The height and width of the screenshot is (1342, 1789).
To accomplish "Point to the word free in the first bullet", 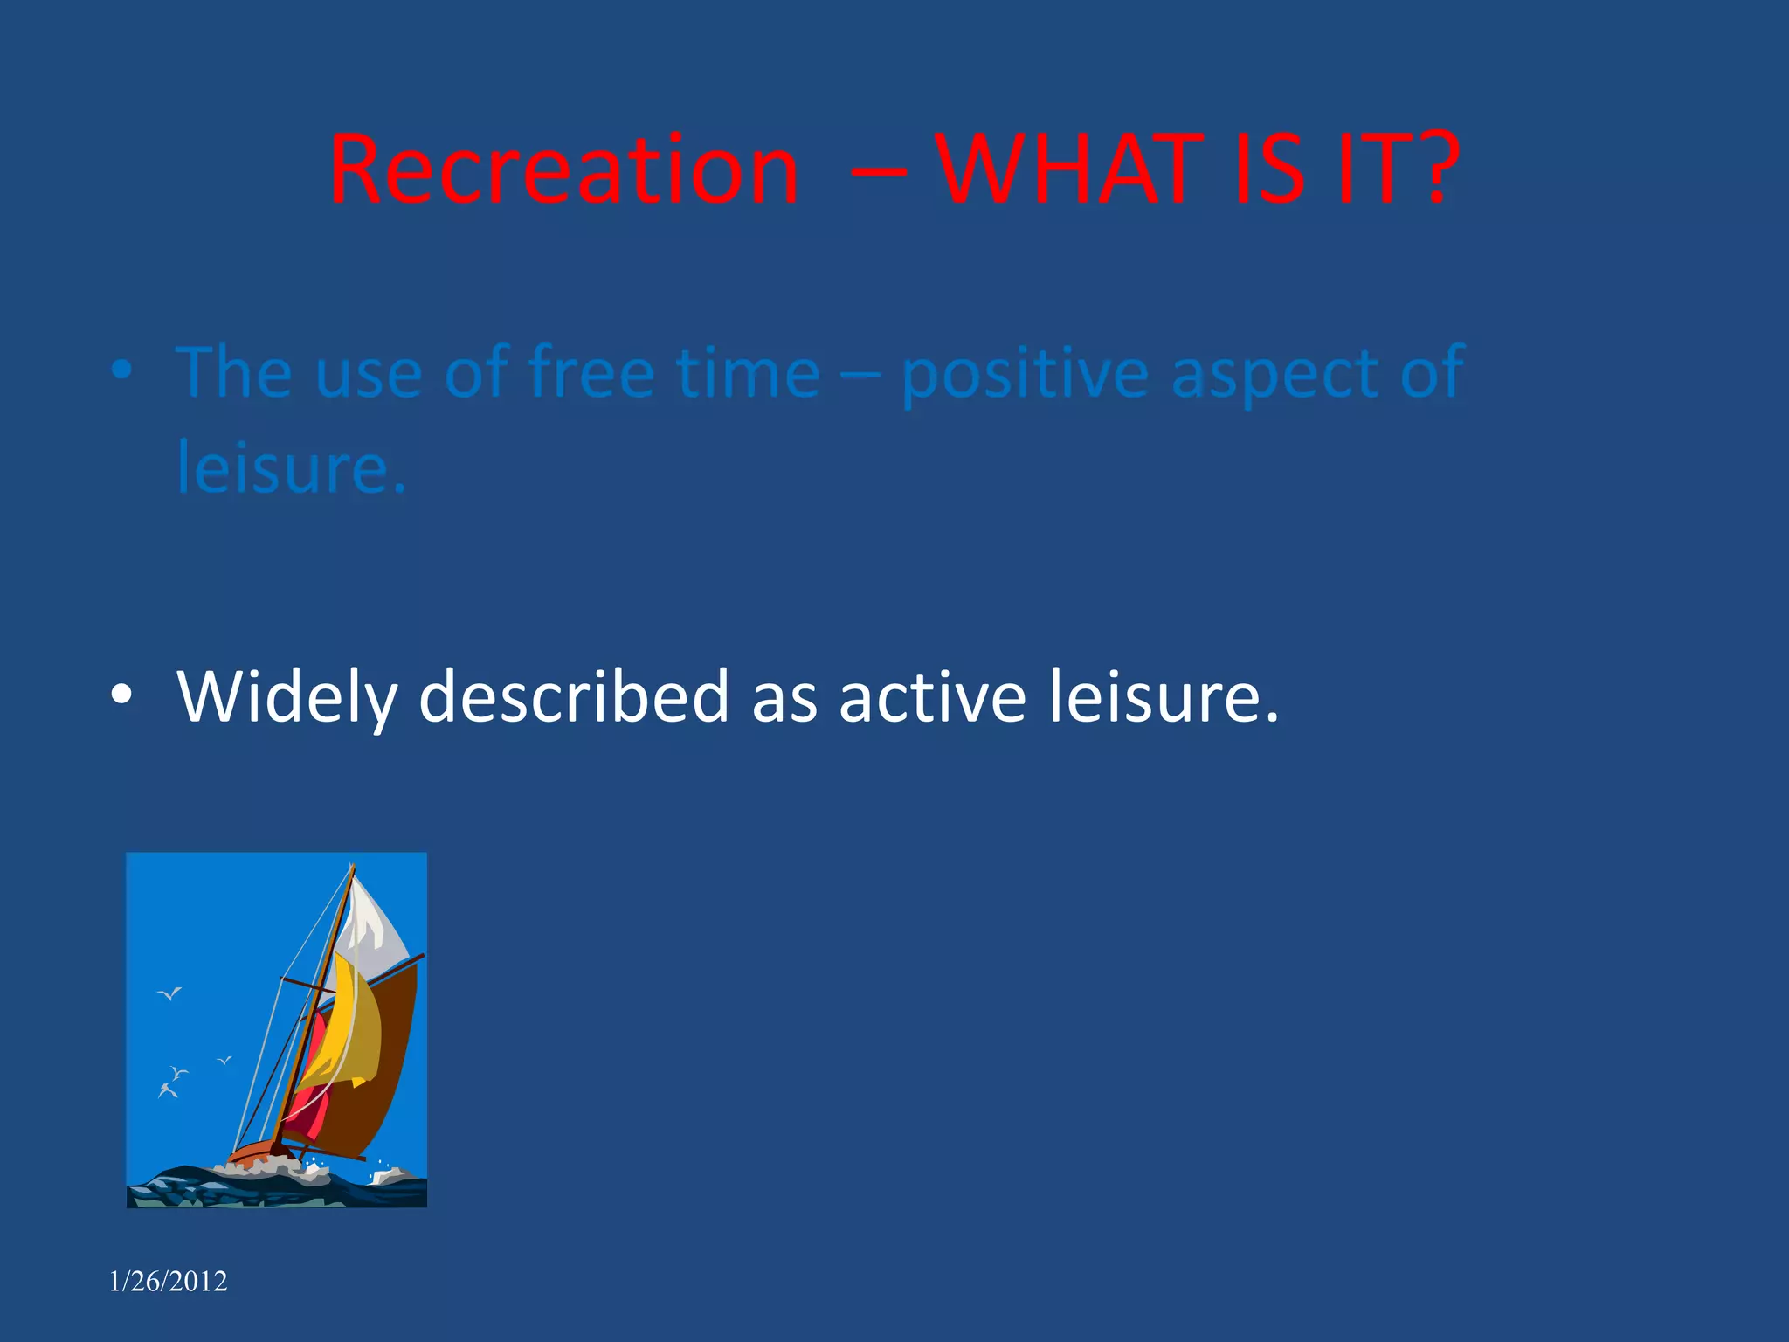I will pos(592,373).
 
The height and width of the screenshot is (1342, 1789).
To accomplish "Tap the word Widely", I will pos(287,697).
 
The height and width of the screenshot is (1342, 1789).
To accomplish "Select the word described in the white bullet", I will pos(574,695).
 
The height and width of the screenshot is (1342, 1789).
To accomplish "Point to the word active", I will pos(932,695).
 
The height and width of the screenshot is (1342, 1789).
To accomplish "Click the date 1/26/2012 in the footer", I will pos(168,1281).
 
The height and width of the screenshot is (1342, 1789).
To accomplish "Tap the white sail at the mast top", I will pos(374,922).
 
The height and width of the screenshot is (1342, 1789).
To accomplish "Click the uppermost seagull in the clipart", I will pos(169,993).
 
